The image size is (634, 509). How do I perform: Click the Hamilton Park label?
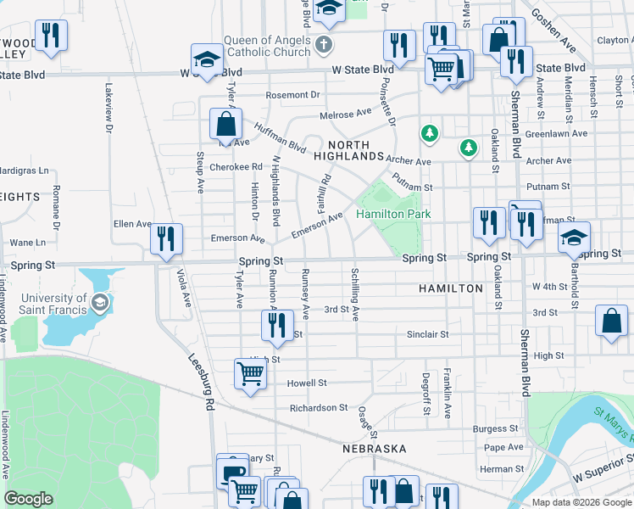(393, 215)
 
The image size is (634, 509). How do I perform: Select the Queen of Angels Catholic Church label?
(267, 46)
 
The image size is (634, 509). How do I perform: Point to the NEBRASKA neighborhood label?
(375, 448)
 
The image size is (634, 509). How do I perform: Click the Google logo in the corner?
(28, 499)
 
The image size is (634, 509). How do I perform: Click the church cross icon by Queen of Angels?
(323, 43)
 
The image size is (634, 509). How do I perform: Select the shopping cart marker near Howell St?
(251, 374)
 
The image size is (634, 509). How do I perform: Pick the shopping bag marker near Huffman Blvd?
(226, 124)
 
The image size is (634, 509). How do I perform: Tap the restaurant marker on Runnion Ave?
(277, 326)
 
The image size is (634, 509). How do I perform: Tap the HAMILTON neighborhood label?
(450, 289)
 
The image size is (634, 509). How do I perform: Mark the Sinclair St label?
(427, 335)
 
